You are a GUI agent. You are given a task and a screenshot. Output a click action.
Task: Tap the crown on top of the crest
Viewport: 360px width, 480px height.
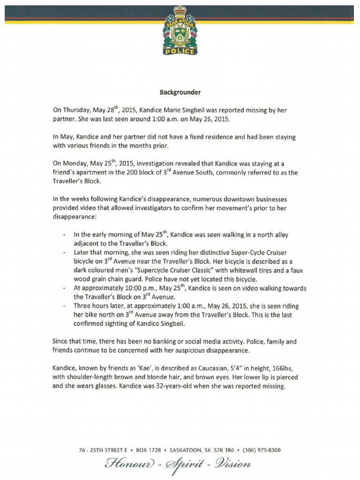coord(180,10)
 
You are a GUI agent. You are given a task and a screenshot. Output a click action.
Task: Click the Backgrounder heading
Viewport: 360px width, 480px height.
coord(180,93)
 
